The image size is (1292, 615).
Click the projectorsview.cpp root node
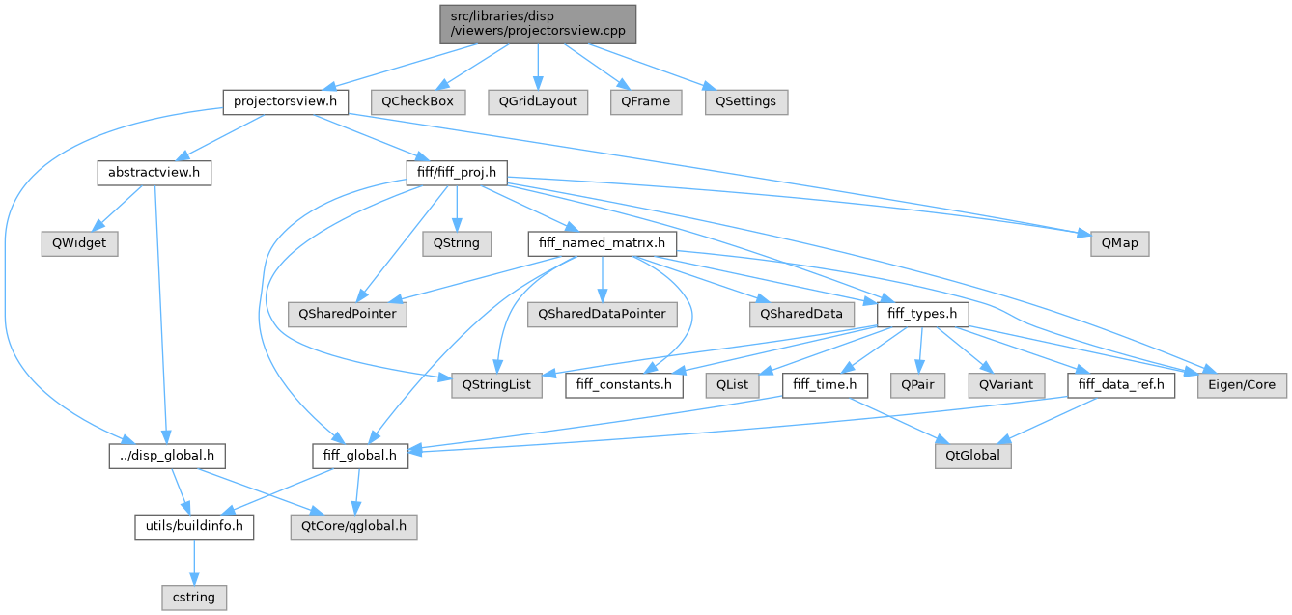[x=538, y=22]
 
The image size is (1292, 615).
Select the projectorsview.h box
[x=285, y=101]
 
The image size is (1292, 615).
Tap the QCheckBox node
[x=417, y=101]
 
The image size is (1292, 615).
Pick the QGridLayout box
[x=539, y=101]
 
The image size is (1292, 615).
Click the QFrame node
[x=645, y=101]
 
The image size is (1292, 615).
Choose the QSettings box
[x=745, y=101]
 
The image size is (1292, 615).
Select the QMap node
[x=1119, y=243]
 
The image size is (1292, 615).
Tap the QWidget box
[x=78, y=243]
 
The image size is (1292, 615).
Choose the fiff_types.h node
[x=921, y=314]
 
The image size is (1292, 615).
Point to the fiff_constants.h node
[x=623, y=384]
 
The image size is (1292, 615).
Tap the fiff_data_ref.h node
[x=1121, y=384]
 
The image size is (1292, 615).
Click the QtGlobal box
[x=972, y=455]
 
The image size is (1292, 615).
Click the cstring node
[x=193, y=597]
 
